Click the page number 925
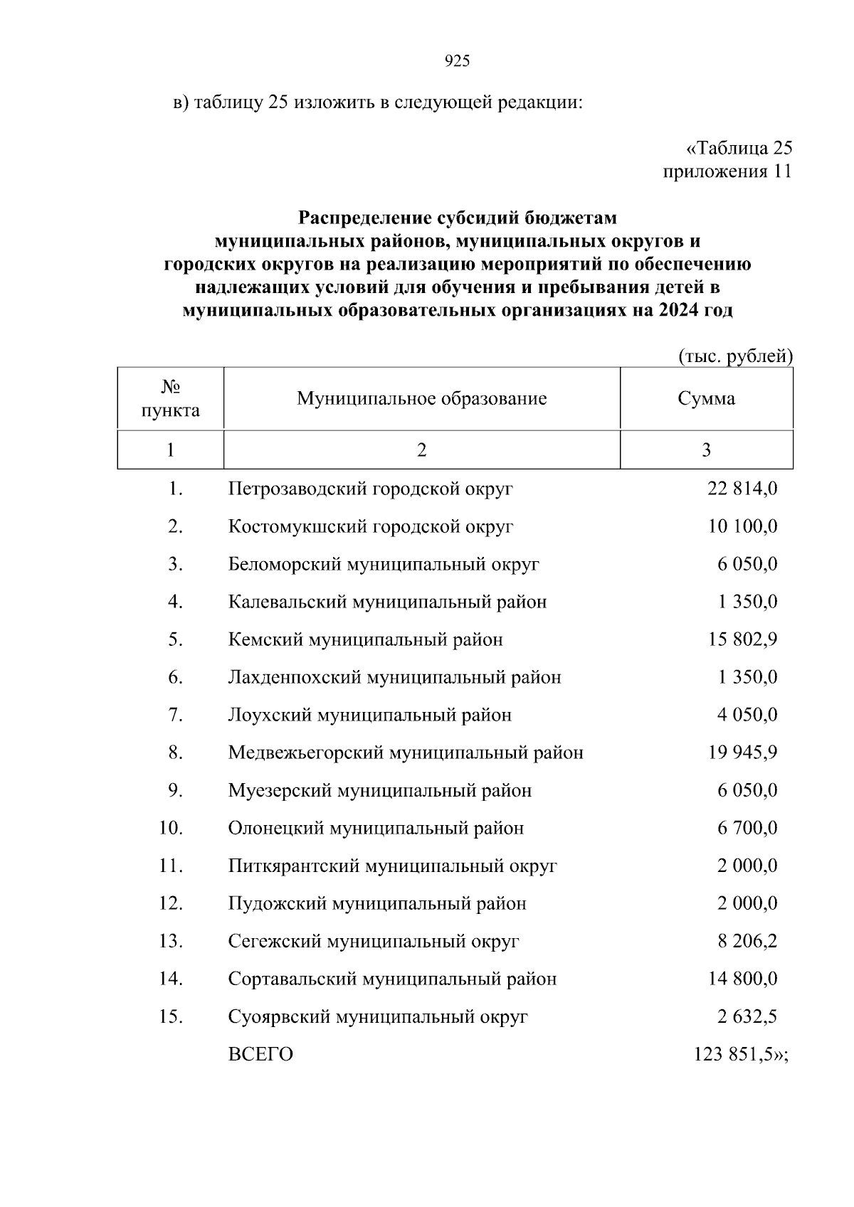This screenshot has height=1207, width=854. pyautogui.click(x=457, y=62)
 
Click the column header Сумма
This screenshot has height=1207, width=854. pyautogui.click(x=706, y=398)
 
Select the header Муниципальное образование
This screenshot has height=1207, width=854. pyautogui.click(x=421, y=398)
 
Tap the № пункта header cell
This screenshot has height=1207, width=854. pyautogui.click(x=170, y=398)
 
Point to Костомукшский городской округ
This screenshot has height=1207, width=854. pyautogui.click(x=370, y=527)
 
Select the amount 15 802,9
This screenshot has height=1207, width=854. pyautogui.click(x=742, y=639)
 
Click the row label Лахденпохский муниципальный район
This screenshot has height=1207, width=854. pyautogui.click(x=394, y=677)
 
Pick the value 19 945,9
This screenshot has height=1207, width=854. pyautogui.click(x=742, y=753)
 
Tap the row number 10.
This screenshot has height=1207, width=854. pyautogui.click(x=171, y=829)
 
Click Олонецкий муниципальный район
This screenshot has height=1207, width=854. pyautogui.click(x=376, y=829)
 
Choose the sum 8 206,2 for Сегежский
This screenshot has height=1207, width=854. pyautogui.click(x=747, y=942)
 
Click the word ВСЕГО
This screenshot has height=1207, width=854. pyautogui.click(x=260, y=1055)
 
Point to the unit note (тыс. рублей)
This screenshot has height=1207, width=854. pyautogui.click(x=735, y=356)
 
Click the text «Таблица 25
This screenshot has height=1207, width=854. pyautogui.click(x=739, y=149)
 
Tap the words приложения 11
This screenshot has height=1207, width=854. pyautogui.click(x=727, y=172)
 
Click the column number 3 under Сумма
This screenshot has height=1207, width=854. pyautogui.click(x=706, y=450)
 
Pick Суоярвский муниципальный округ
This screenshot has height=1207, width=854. pyautogui.click(x=378, y=1017)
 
